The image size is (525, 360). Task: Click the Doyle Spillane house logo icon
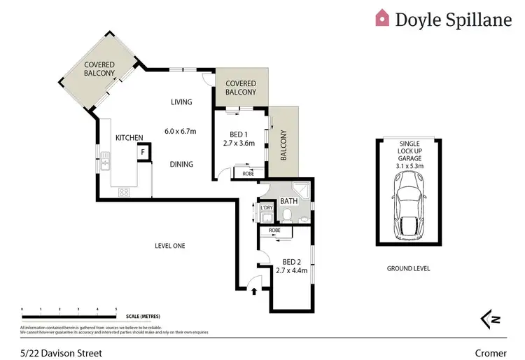point(382,18)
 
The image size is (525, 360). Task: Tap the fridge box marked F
point(143,151)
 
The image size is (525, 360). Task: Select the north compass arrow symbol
point(491,319)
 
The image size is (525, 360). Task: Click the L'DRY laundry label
point(266,208)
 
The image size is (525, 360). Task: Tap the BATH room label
point(289,202)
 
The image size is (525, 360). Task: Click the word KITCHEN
point(129,137)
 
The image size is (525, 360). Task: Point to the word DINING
point(181,164)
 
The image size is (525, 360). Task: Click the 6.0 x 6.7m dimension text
point(181,131)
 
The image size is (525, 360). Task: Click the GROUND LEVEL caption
point(408,269)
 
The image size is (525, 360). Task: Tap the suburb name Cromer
point(491,353)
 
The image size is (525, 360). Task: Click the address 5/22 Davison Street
point(62,353)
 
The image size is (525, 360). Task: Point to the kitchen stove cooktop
point(124,191)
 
